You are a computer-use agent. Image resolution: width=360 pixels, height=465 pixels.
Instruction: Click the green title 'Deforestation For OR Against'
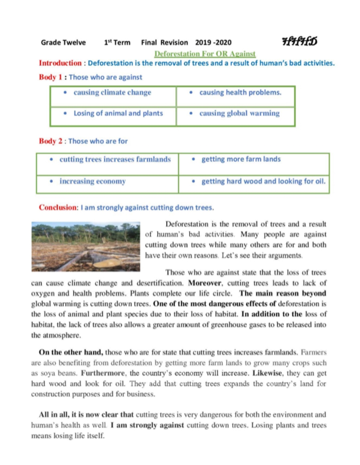[205, 54]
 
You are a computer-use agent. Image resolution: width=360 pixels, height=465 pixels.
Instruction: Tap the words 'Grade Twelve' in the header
[63, 43]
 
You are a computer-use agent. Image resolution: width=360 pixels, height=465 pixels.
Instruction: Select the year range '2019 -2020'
[213, 43]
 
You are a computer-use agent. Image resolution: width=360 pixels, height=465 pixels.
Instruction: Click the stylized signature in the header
[299, 41]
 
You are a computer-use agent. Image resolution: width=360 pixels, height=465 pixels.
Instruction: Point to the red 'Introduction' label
[60, 63]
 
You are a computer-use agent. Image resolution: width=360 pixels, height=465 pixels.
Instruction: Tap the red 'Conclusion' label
[58, 207]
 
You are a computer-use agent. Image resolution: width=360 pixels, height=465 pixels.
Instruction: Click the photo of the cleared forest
[86, 247]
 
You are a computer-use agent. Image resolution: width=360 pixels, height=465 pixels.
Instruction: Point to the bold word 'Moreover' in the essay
[205, 283]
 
